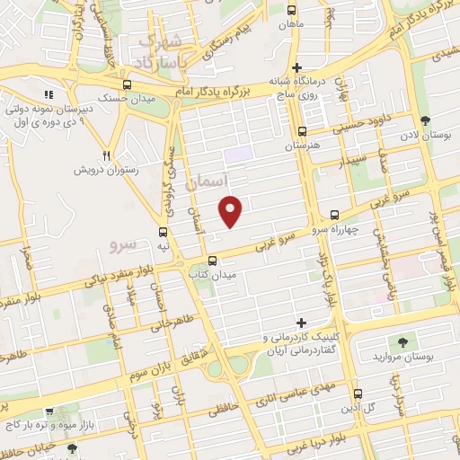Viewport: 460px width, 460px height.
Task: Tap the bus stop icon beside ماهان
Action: pos(290,9)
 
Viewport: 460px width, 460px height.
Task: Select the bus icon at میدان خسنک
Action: pos(127,84)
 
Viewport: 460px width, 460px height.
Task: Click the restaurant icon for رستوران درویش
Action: pos(106,155)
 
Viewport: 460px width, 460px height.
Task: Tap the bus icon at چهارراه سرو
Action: pos(334,215)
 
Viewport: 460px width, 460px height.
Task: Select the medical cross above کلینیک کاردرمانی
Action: pos(301,323)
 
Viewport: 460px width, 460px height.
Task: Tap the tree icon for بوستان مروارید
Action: pos(402,341)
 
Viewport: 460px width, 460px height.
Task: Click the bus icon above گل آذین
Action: pos(358,394)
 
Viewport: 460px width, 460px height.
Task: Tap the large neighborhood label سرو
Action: pos(121,243)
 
